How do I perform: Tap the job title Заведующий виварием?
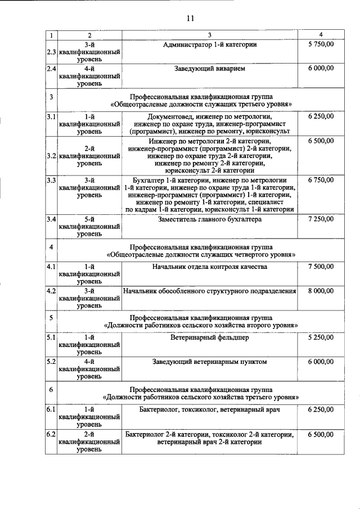pos(209,68)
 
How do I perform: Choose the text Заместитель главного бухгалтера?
pos(209,219)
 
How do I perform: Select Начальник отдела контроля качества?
pos(209,267)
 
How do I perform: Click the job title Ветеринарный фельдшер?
pos(209,338)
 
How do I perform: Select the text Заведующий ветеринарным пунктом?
pos(209,362)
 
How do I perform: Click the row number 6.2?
pos(51,435)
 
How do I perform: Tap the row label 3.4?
pos(51,219)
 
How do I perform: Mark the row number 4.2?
pos(51,291)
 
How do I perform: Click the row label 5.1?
pos(51,338)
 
